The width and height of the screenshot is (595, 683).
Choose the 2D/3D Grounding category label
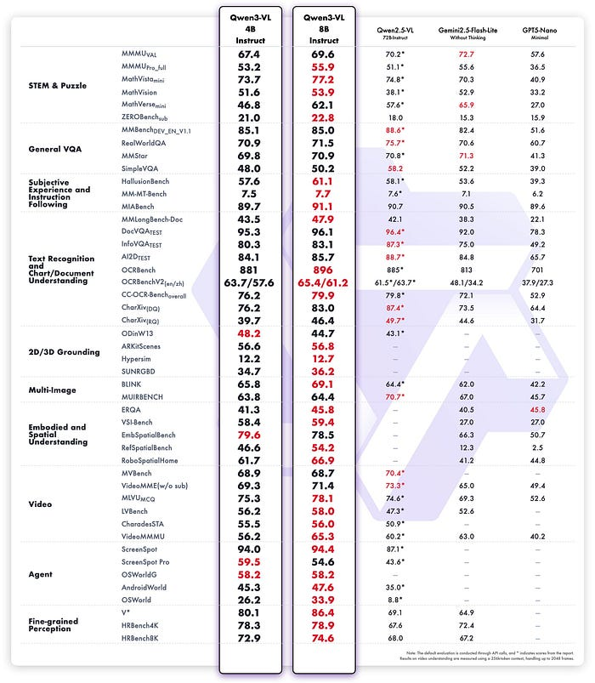click(x=64, y=351)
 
